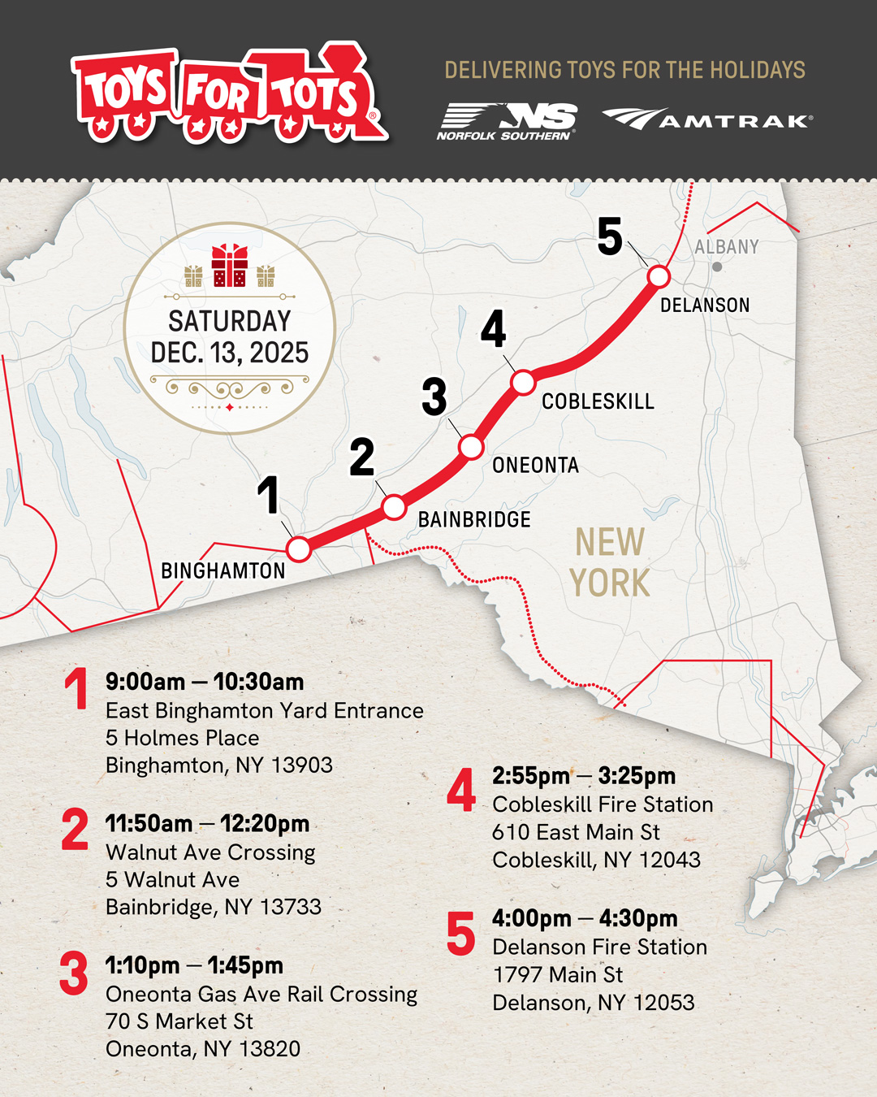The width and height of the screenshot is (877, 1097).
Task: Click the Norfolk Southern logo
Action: (507, 122)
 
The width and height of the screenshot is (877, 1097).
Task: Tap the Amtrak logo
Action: (706, 119)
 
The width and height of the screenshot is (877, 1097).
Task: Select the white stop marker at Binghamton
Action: (299, 549)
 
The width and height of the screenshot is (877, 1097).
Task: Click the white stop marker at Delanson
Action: (659, 277)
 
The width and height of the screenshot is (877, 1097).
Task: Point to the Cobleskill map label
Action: (598, 401)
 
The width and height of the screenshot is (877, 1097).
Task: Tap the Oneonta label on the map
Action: (535, 465)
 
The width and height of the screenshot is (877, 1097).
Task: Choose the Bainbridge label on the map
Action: (474, 519)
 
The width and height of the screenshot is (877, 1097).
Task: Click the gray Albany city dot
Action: (717, 267)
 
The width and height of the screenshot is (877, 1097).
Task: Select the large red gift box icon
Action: (229, 266)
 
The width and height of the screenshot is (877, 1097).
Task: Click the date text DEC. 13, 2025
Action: (230, 353)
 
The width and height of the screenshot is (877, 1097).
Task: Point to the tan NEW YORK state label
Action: (609, 562)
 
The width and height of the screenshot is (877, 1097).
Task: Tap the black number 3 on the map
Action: (434, 397)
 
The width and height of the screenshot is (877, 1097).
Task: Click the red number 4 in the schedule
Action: (461, 790)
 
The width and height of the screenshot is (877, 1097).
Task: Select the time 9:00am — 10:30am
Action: (205, 682)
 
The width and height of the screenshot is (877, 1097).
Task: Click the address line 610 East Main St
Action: (576, 832)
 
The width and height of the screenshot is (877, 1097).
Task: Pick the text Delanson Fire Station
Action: (599, 947)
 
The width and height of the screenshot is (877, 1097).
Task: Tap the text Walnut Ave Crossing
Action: (210, 852)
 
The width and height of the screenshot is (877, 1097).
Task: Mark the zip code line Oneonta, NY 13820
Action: (203, 1049)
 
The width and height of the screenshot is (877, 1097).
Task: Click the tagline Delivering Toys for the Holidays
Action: (624, 70)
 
